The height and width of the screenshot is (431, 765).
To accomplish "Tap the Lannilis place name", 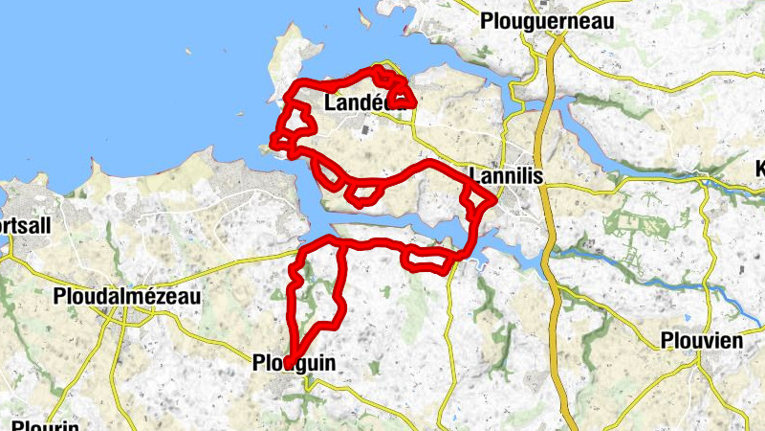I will [507, 175].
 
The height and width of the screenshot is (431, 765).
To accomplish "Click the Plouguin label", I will [295, 364].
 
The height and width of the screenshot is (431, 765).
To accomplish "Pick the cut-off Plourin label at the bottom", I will [44, 423].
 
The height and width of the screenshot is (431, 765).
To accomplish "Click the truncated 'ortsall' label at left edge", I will [26, 223].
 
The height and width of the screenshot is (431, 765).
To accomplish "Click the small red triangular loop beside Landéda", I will [402, 97].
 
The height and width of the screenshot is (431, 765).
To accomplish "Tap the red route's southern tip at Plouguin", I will [288, 361].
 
